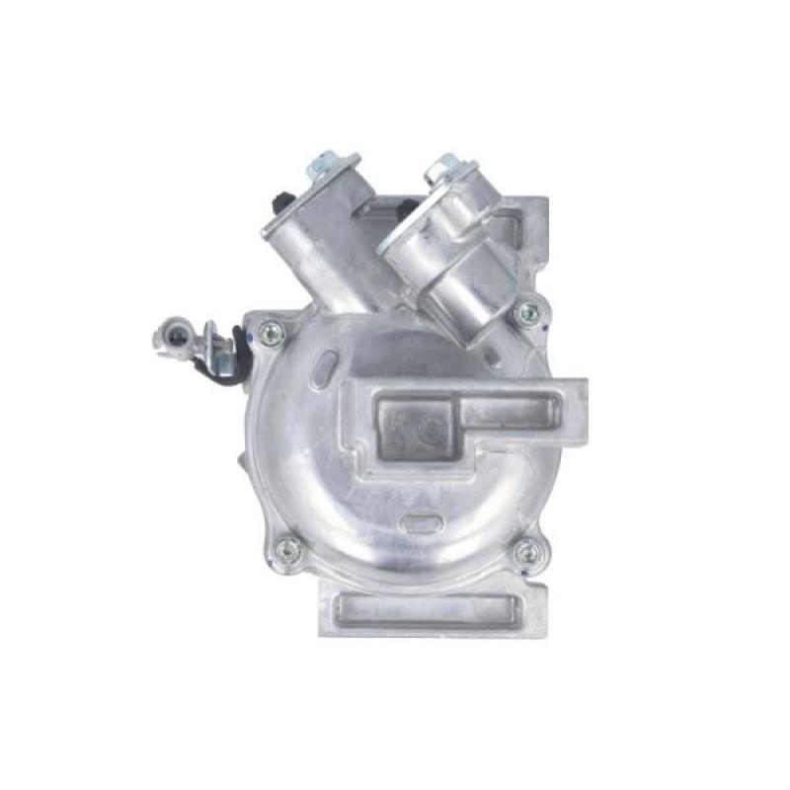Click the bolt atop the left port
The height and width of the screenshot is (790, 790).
tap(328, 169)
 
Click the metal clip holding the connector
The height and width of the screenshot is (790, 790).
tap(216, 346)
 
